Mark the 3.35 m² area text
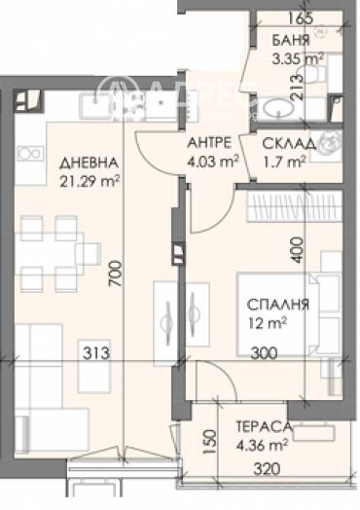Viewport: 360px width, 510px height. point(298,58)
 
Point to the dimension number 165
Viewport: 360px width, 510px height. point(301,18)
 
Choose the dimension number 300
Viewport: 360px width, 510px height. point(278,354)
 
